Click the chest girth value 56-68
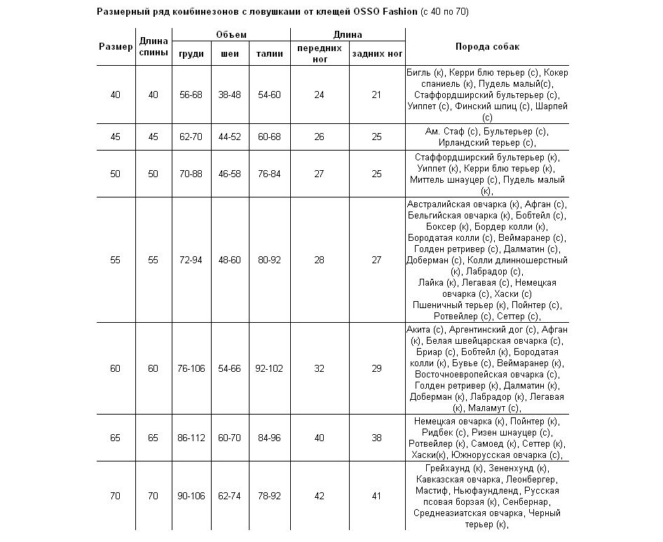[x=191, y=95]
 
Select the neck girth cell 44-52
[x=230, y=137]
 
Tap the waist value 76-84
[x=269, y=174]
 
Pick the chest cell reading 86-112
[x=191, y=438]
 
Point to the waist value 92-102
[x=269, y=368]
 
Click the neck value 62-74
[x=230, y=496]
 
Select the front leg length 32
[x=319, y=368]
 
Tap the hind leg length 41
[x=376, y=496]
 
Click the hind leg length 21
[x=376, y=95]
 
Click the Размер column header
[x=116, y=47]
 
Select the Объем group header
[x=231, y=34]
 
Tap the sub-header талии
[x=269, y=53]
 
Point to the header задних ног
[x=377, y=53]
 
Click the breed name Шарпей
[x=551, y=106]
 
